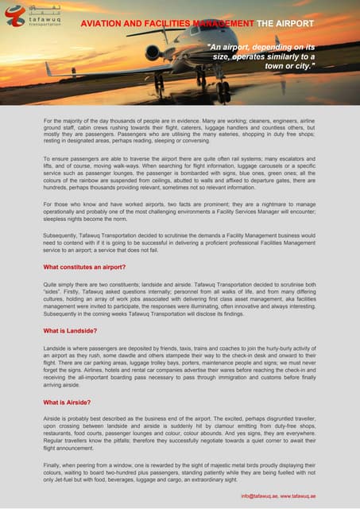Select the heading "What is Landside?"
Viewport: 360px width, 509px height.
70,329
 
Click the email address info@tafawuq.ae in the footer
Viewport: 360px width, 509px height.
267,495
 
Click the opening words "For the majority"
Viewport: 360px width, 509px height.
65,119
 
